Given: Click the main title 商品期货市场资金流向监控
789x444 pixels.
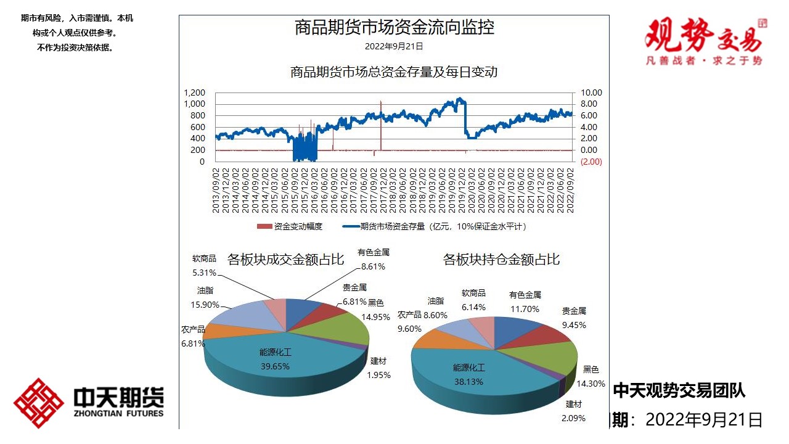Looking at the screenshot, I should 394,28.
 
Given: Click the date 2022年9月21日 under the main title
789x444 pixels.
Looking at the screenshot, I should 394,46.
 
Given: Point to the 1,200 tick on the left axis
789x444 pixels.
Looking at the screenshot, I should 194,92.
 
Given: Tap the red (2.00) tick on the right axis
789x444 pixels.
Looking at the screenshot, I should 591,162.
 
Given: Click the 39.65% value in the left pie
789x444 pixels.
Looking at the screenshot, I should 274,366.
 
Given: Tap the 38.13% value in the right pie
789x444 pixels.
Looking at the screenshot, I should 468,382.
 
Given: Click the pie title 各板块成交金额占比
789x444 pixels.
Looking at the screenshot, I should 285,259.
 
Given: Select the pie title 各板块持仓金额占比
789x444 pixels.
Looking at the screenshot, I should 501,260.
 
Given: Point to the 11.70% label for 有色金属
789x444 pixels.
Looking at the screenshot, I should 525,309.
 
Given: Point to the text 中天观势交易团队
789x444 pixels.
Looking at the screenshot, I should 679,390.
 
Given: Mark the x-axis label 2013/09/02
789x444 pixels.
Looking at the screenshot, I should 216,190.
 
